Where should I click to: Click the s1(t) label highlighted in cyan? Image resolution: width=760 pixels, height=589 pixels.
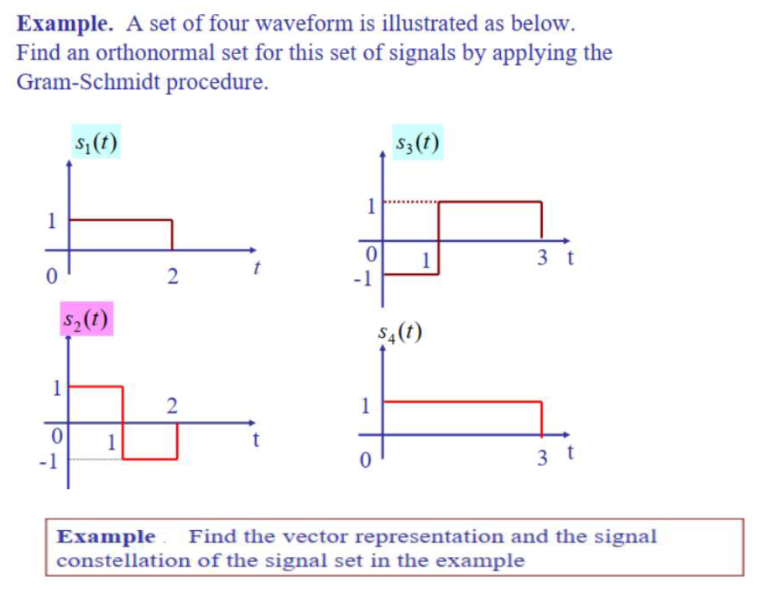tap(96, 142)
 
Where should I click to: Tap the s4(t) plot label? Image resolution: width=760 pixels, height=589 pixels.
tap(400, 332)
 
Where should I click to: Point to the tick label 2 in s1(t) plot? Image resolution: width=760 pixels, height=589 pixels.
tap(172, 275)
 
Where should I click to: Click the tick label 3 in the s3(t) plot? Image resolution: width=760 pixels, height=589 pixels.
tap(542, 258)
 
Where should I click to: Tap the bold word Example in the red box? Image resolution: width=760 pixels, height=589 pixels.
tap(107, 536)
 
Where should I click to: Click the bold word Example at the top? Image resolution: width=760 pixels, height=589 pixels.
tap(65, 23)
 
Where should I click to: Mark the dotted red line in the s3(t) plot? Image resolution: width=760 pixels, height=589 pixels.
tap(411, 203)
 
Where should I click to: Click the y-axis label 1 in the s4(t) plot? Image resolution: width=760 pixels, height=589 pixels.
tap(367, 404)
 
